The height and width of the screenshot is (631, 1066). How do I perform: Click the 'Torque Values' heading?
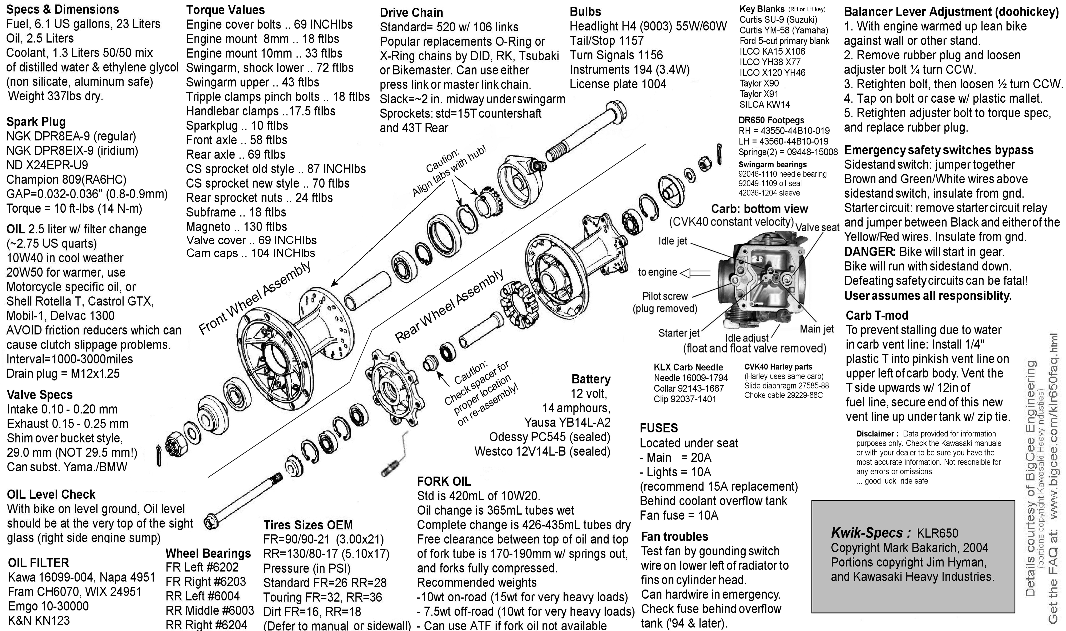coord(225,10)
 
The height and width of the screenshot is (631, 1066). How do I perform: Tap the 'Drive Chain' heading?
coord(411,13)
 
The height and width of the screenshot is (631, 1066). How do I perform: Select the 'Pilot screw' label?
coord(665,296)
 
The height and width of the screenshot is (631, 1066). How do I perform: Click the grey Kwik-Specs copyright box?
coord(913,556)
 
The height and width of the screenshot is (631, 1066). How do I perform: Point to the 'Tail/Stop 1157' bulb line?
coord(606,41)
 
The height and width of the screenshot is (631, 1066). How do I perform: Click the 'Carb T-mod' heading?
coord(877,315)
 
